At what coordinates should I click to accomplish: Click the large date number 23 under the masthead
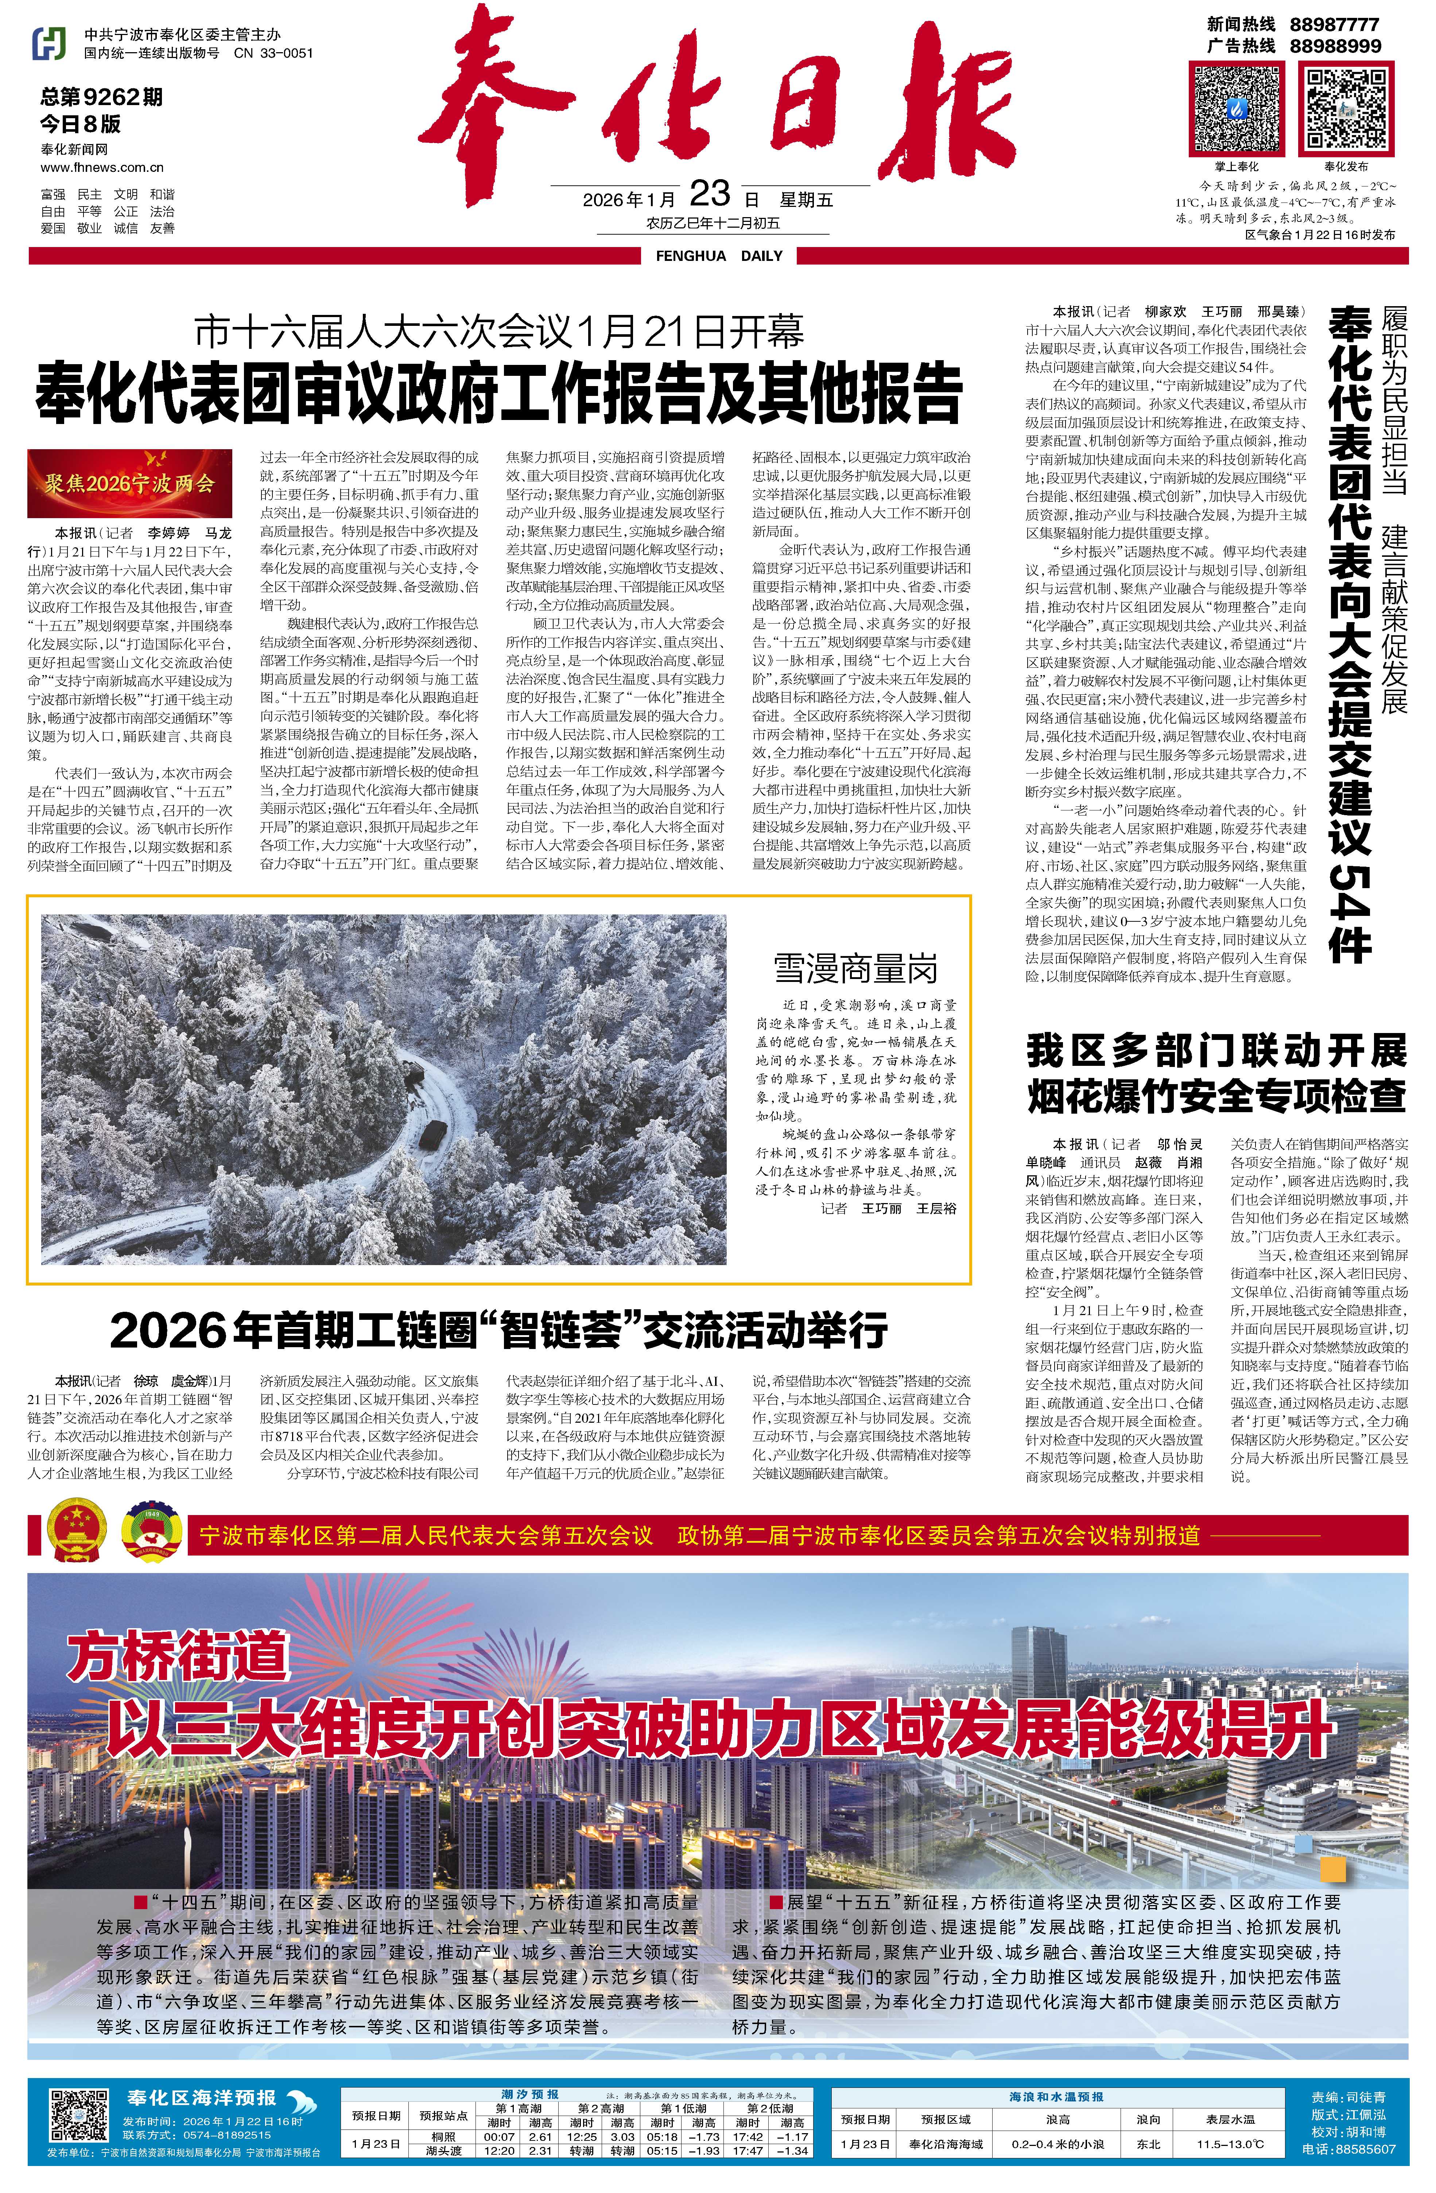pos(709,193)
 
